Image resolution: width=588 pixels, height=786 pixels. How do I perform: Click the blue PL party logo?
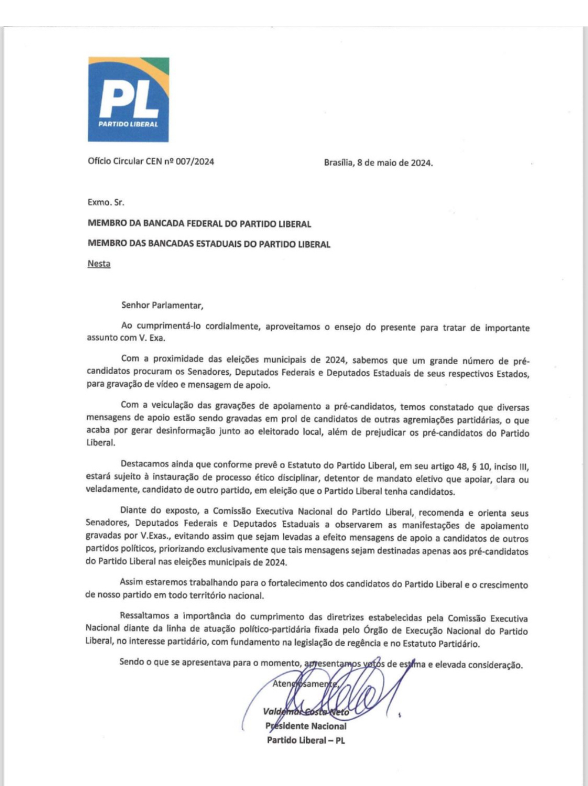[128, 99]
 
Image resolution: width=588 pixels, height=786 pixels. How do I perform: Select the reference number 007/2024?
[195, 162]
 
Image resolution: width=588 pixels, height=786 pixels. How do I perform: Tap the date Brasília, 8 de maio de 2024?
[378, 163]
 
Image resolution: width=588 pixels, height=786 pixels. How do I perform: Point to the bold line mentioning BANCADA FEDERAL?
[199, 224]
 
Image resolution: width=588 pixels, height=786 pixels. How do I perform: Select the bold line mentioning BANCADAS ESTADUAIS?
[209, 244]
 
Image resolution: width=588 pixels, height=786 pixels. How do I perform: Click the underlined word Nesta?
[99, 264]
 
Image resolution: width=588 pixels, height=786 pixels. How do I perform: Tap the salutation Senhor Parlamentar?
[162, 305]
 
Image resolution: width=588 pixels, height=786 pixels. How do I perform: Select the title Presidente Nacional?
[306, 726]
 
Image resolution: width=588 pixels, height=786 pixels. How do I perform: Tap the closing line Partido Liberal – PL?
[306, 740]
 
